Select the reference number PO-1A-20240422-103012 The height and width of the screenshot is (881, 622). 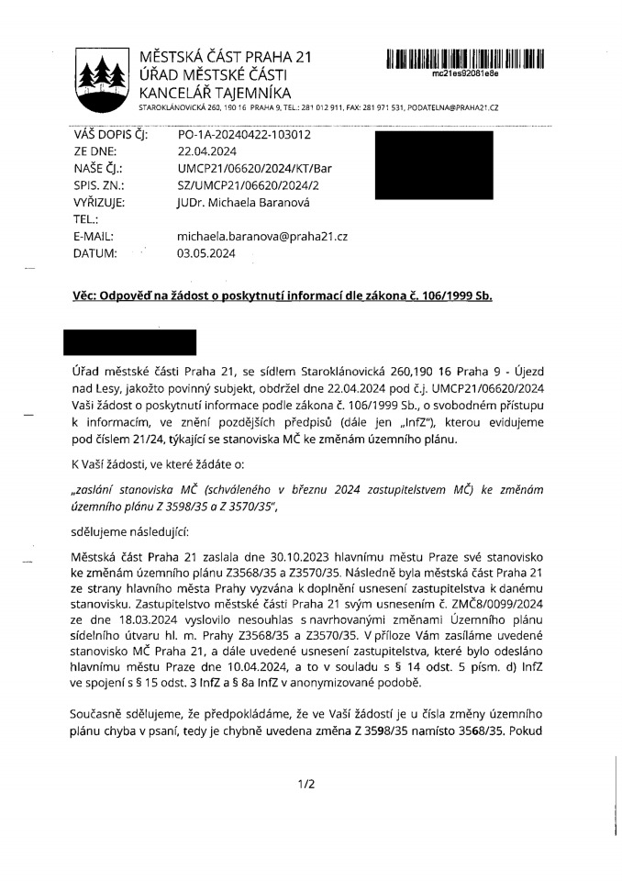coord(243,135)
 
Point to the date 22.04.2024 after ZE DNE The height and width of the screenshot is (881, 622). coord(207,152)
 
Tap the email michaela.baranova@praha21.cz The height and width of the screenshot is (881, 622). coord(262,237)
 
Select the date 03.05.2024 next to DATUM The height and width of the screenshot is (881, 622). coord(207,253)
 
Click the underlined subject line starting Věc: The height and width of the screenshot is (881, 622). coord(283,297)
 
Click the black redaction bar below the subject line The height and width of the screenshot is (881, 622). coord(129,341)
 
